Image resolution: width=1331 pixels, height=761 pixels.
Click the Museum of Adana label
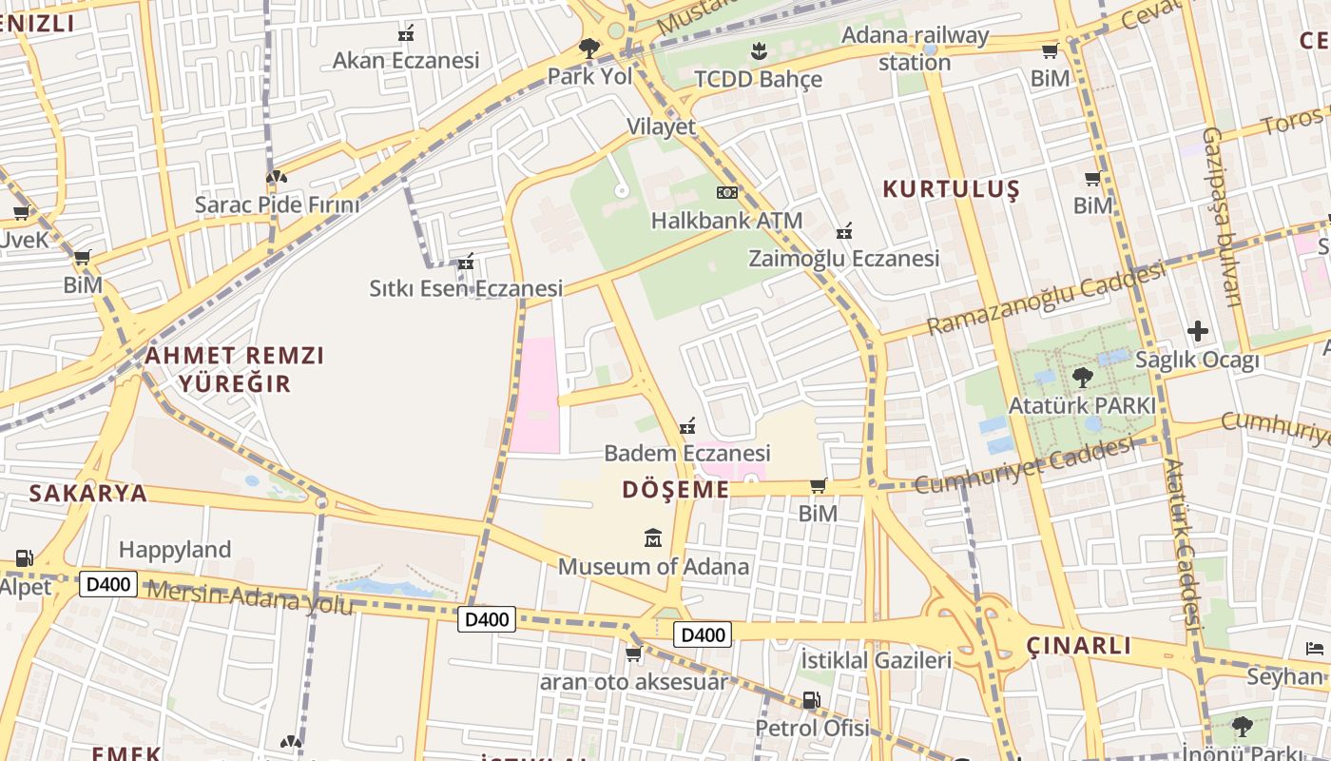click(x=653, y=567)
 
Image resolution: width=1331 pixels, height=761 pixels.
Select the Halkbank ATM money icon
click(x=727, y=193)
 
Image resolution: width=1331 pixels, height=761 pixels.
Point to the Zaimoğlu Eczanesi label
click(x=843, y=259)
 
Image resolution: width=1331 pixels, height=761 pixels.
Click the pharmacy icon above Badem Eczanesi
click(x=687, y=425)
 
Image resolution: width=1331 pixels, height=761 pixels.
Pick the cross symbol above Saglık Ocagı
click(x=1198, y=331)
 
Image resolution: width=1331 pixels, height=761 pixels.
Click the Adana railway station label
click(x=915, y=49)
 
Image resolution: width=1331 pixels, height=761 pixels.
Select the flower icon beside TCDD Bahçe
click(x=759, y=49)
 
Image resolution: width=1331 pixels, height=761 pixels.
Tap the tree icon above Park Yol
click(x=589, y=48)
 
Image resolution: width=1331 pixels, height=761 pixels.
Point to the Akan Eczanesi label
click(x=406, y=61)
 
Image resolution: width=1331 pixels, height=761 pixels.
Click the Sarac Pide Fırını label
click(x=277, y=205)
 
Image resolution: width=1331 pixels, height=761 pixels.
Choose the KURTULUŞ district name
click(x=951, y=188)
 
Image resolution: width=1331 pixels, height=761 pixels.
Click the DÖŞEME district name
click(x=675, y=490)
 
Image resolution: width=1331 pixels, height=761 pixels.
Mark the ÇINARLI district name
click(x=1079, y=647)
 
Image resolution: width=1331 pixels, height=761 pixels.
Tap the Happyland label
click(x=175, y=550)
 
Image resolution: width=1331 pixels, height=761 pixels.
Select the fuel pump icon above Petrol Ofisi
click(x=811, y=700)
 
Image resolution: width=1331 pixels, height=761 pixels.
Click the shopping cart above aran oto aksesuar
click(x=633, y=654)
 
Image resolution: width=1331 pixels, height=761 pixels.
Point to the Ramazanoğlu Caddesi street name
click(x=1046, y=298)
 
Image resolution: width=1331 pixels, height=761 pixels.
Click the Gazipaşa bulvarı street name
click(x=1223, y=217)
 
